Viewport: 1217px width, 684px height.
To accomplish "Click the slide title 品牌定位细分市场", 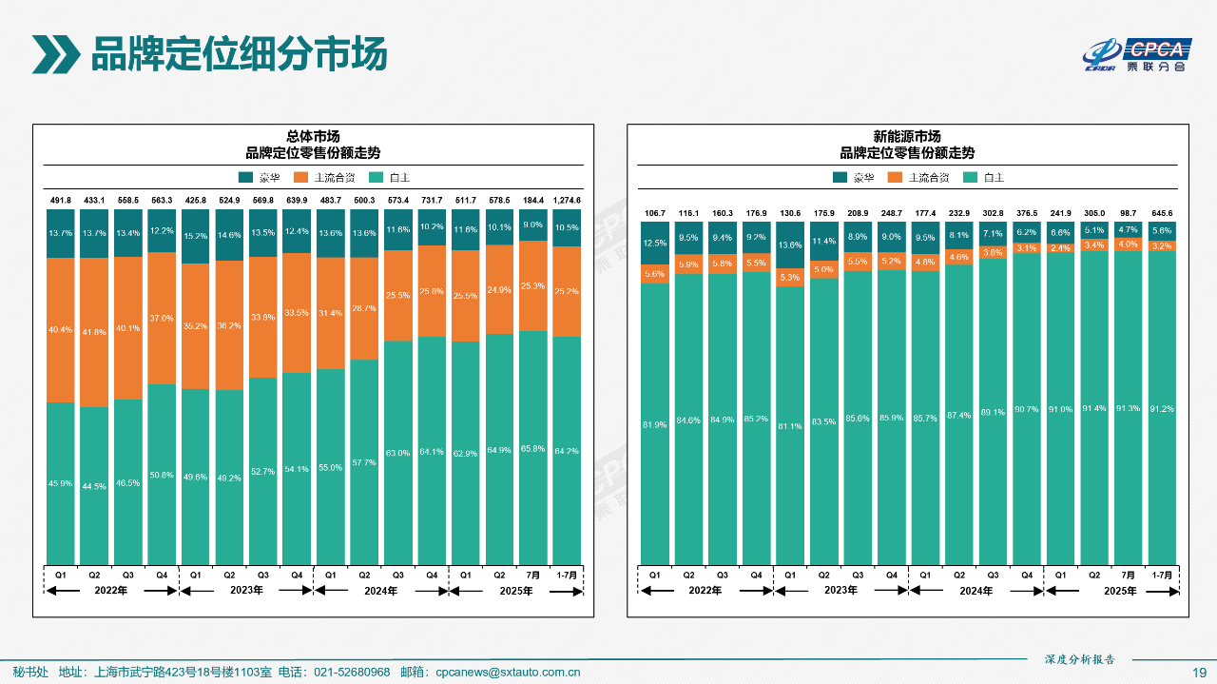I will pyautogui.click(x=239, y=54).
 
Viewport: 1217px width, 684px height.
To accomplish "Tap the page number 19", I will pyautogui.click(x=1200, y=673).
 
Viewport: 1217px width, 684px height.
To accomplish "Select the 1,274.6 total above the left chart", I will pyautogui.click(x=567, y=201).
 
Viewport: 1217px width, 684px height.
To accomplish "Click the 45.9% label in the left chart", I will pyautogui.click(x=61, y=484).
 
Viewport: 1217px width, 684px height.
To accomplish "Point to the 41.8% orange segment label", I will pyautogui.click(x=94, y=332).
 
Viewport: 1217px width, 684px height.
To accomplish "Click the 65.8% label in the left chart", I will pyautogui.click(x=533, y=448).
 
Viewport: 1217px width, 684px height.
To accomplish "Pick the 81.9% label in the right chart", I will pyautogui.click(x=654, y=424).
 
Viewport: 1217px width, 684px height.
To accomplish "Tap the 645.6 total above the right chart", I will pyautogui.click(x=1162, y=213).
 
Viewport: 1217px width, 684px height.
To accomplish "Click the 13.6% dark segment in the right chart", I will pyautogui.click(x=789, y=245).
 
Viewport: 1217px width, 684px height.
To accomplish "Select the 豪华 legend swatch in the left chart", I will pyautogui.click(x=245, y=177).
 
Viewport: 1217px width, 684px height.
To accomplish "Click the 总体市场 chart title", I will pyautogui.click(x=313, y=136).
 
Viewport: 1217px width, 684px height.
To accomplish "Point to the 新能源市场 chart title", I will pyautogui.click(x=907, y=136).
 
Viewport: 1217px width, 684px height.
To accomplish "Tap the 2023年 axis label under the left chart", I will pyautogui.click(x=245, y=590).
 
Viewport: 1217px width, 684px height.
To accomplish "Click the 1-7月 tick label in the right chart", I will pyautogui.click(x=1162, y=576).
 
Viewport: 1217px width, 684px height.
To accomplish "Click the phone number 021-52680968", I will pyautogui.click(x=352, y=673).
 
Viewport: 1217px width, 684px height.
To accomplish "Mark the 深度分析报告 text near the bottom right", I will pyautogui.click(x=1079, y=658).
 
